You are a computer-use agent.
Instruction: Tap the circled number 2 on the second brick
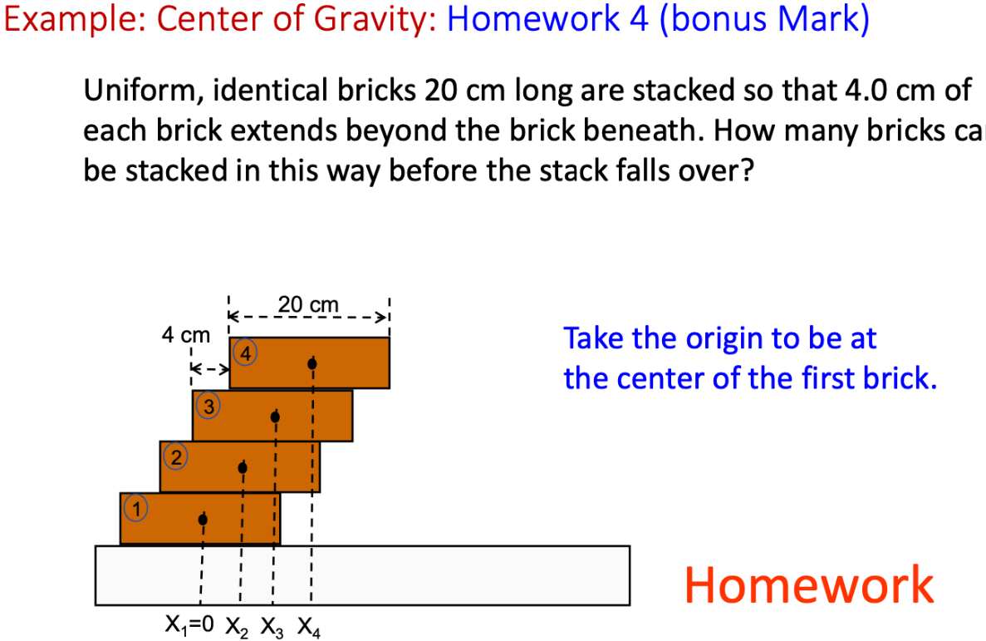coord(175,455)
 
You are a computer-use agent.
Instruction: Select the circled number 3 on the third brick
coord(209,406)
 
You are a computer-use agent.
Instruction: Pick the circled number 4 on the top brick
coord(245,353)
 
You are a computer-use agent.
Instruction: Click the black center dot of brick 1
coord(203,520)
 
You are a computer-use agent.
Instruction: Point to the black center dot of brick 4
coord(311,363)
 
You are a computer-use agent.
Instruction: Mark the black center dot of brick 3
coord(276,416)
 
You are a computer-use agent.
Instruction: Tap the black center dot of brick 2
coord(243,468)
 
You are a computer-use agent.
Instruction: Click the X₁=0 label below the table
coord(191,624)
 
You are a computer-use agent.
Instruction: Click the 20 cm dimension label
coord(308,305)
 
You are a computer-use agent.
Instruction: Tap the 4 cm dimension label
coord(186,337)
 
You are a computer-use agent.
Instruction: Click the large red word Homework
coord(809,584)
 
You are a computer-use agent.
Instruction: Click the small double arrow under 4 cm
coord(208,367)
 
